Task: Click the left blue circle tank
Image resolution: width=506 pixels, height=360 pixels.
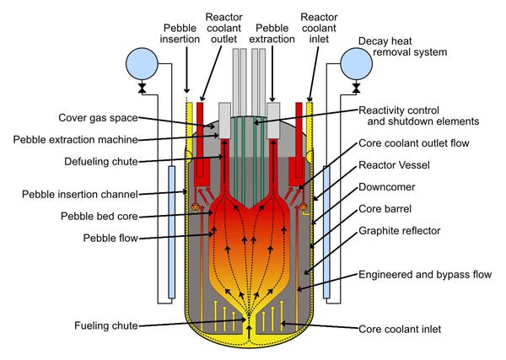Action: tap(141, 62)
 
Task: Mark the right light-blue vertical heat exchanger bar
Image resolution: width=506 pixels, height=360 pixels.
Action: tap(325, 232)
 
